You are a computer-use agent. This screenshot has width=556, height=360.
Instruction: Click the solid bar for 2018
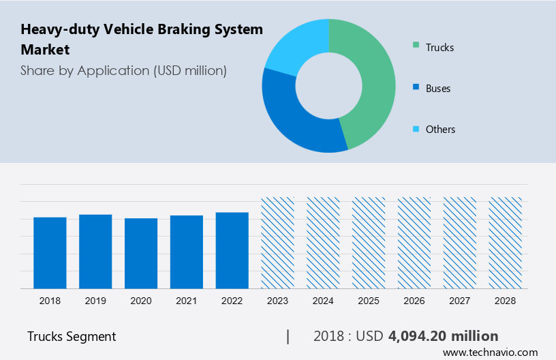coord(50,252)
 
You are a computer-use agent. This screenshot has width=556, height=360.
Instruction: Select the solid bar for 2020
coord(141,253)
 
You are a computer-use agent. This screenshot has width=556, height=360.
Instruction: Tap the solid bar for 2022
coord(232,250)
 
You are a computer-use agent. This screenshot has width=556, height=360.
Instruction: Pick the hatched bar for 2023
coord(278,243)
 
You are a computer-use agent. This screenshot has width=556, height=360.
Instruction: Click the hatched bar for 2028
coord(506,243)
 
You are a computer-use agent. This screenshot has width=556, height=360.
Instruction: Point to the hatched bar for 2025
coord(369,243)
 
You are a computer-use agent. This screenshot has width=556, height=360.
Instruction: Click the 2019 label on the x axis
coord(95,301)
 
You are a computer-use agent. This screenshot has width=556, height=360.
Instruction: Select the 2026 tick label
coord(414,301)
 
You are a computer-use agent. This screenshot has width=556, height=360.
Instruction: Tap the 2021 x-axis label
coord(187,301)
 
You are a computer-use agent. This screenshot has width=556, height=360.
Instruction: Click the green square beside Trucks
coord(416,47)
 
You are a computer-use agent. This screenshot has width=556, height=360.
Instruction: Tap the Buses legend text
coord(438,88)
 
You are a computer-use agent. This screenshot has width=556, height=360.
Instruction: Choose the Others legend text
coord(440,129)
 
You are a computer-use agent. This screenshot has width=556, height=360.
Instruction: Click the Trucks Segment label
coord(72,336)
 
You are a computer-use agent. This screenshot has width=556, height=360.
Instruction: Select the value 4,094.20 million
coord(444,336)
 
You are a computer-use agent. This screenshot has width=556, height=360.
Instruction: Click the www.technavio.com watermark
coord(491,352)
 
